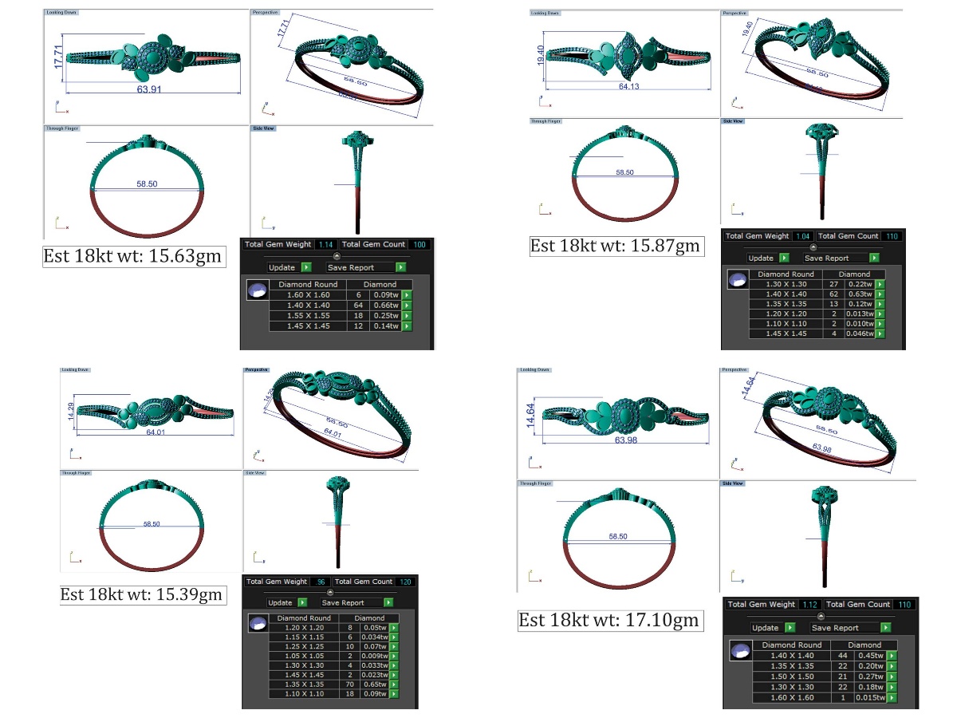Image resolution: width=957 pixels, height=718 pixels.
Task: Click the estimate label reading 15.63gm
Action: point(132,257)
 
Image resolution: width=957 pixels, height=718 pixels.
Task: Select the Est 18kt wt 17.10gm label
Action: point(609,620)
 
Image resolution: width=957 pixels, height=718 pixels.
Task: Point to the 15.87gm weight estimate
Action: point(616,246)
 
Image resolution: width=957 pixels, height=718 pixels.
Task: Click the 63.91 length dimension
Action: point(149,89)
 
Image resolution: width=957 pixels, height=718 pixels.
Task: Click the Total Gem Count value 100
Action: point(419,245)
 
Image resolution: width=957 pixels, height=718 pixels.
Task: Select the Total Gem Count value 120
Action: point(405,582)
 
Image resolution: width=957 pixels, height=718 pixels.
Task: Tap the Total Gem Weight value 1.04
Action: point(803,236)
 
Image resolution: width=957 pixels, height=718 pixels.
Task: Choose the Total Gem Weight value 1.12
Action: point(809,605)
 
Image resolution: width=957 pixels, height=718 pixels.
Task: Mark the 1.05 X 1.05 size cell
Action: point(304,656)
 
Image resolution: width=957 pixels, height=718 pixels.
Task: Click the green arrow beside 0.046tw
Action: point(880,333)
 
